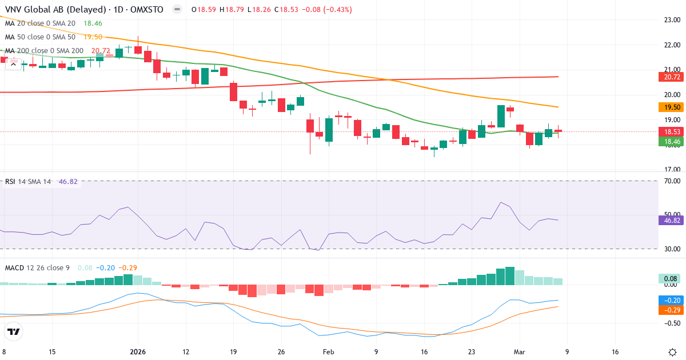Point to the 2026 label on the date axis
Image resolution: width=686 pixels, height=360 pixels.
point(138,352)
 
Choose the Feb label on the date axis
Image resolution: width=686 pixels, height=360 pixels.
point(328,352)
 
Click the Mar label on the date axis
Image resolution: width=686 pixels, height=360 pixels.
point(520,352)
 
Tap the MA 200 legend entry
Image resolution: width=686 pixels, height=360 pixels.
point(44,51)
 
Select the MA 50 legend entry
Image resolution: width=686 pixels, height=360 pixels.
point(40,37)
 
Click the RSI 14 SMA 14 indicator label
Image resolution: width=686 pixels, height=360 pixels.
point(28,182)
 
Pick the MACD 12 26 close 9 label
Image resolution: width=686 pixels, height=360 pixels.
point(38,267)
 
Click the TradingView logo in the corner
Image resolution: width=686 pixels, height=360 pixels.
point(13,331)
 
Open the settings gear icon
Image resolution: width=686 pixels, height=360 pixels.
point(672,352)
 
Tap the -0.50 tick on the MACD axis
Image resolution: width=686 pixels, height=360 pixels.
point(670,323)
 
